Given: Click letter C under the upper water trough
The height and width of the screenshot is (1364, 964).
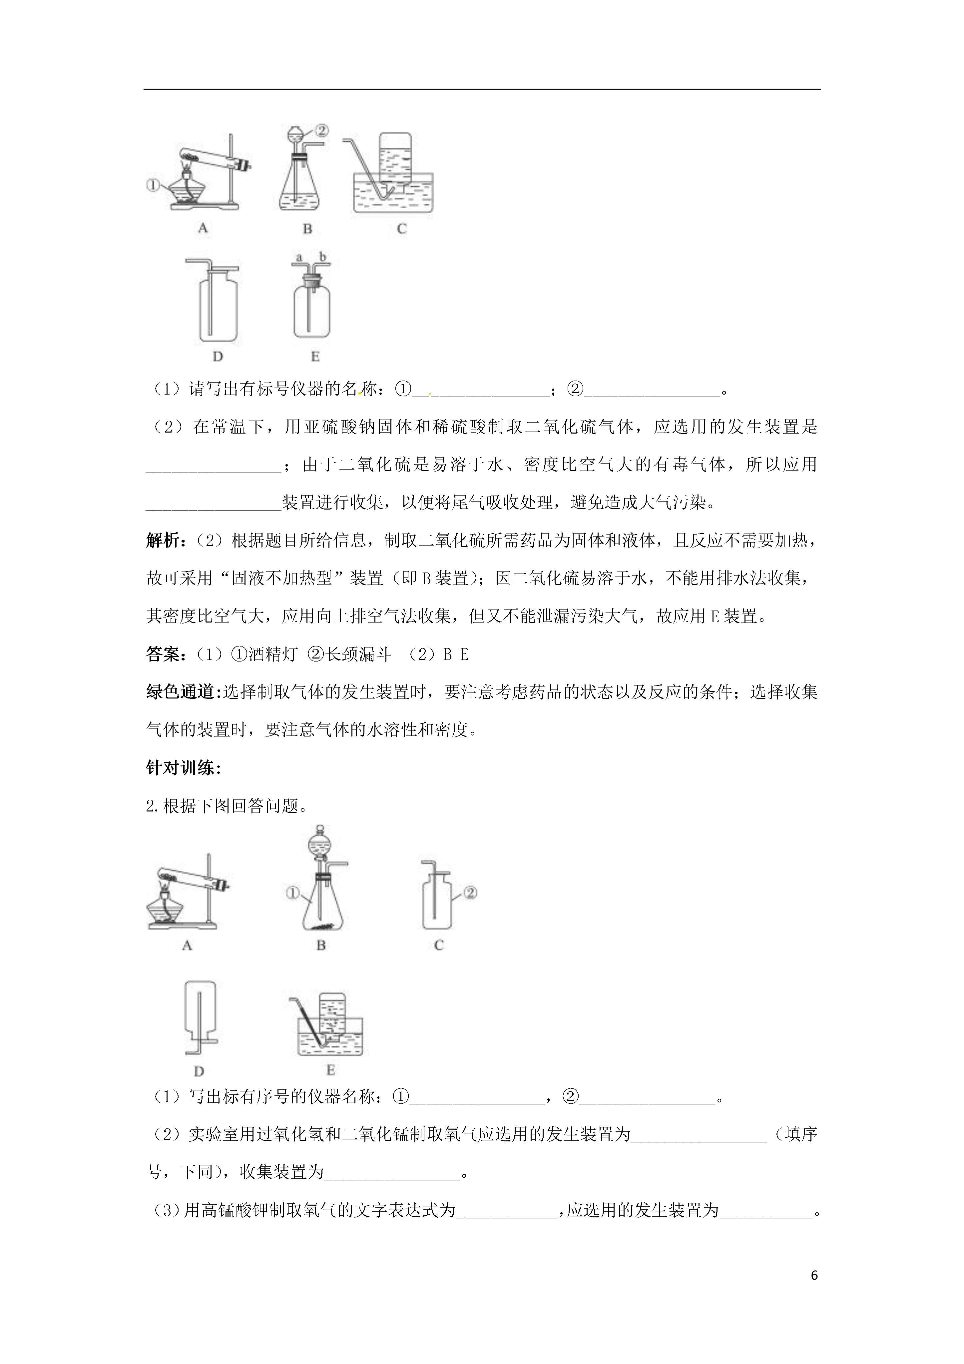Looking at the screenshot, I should (401, 229).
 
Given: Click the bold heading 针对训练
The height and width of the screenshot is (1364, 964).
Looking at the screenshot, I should (181, 768).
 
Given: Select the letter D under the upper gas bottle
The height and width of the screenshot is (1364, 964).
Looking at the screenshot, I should (218, 357).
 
